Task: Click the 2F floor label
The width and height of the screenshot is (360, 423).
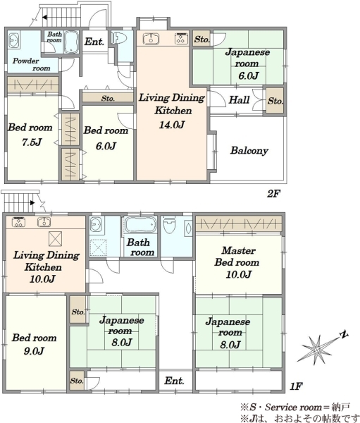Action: click(274, 193)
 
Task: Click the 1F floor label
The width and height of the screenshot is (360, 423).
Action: click(297, 386)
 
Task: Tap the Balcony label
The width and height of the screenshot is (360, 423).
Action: click(249, 150)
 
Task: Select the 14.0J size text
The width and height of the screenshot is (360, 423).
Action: click(171, 125)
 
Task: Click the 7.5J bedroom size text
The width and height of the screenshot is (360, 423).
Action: click(32, 142)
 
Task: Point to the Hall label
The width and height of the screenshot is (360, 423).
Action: click(239, 100)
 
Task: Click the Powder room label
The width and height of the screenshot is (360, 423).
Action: click(32, 64)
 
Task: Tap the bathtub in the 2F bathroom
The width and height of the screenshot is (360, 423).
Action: click(71, 42)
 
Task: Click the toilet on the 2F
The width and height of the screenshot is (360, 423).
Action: click(118, 37)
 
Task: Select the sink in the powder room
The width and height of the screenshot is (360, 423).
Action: click(13, 41)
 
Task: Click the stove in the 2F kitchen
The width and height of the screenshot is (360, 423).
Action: click(181, 38)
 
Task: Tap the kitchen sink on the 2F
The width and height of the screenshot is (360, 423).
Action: click(151, 38)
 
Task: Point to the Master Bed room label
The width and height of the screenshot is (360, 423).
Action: click(237, 257)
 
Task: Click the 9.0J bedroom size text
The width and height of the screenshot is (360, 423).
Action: click(33, 351)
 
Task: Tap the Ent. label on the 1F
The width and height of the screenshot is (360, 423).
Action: click(174, 381)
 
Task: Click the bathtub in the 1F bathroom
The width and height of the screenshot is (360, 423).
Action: click(140, 225)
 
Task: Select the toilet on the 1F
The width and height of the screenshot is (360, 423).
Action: click(170, 226)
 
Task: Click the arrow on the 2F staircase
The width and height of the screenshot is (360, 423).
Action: click(44, 18)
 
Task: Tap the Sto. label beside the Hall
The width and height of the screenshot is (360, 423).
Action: click(275, 101)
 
